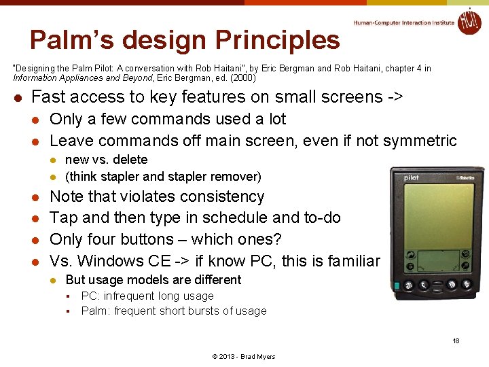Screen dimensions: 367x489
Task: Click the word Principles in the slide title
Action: (x=278, y=40)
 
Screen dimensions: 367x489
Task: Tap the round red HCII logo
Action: (x=469, y=21)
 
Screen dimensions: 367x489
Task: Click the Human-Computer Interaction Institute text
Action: (x=404, y=22)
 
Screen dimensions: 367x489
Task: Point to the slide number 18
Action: (x=456, y=340)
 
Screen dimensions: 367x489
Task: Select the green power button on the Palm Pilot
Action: (x=396, y=285)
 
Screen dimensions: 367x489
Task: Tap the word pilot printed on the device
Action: (x=412, y=179)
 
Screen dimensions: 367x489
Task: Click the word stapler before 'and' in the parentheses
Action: (x=120, y=177)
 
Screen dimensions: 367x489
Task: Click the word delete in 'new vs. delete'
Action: (x=130, y=160)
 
